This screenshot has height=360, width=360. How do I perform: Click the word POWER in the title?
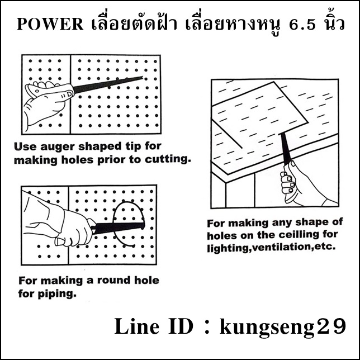pyautogui.click(x=50, y=24)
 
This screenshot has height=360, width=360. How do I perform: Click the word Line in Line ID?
pyautogui.click(x=136, y=326)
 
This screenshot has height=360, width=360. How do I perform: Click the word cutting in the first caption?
pyautogui.click(x=167, y=160)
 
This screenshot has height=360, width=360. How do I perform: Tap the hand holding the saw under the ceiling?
pyautogui.click(x=303, y=184)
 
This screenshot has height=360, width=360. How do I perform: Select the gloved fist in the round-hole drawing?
pyautogui.click(x=74, y=228)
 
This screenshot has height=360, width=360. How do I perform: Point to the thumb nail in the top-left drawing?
pyautogui.click(x=69, y=93)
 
